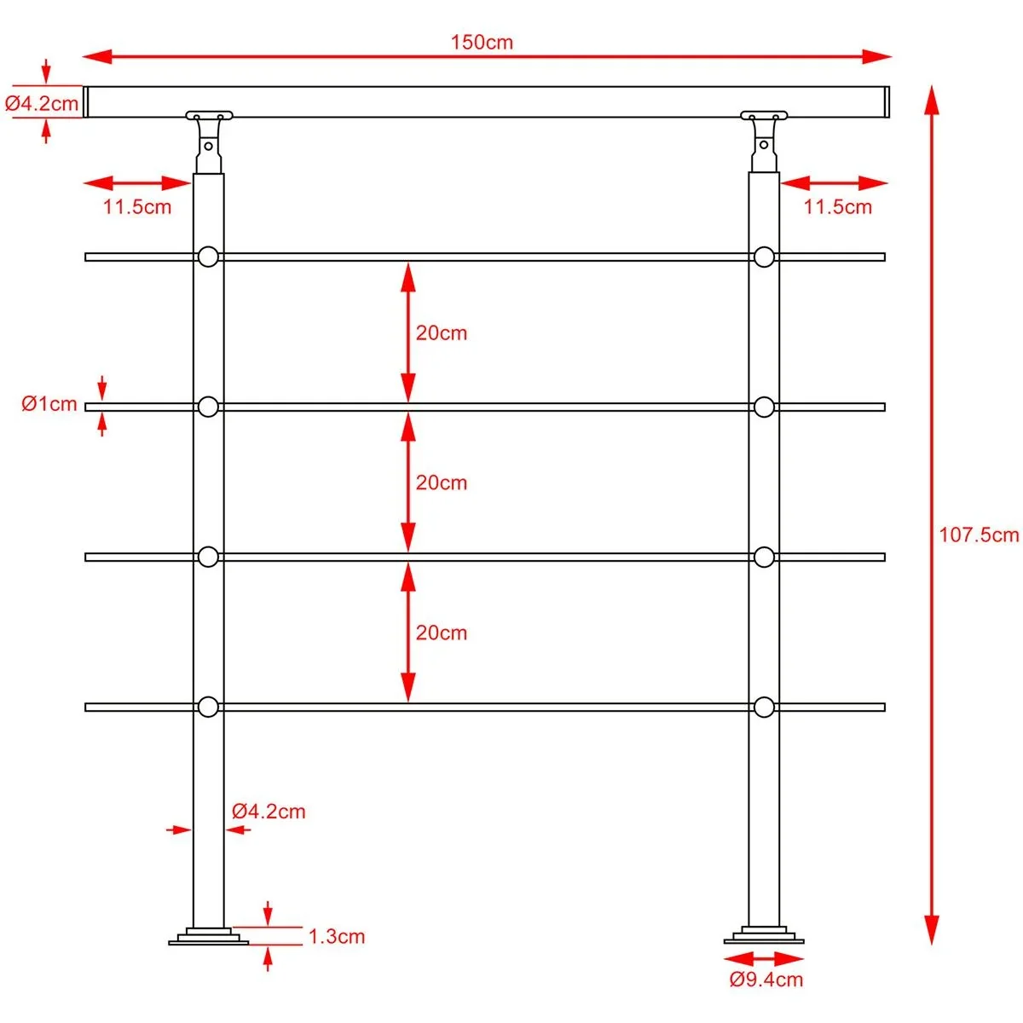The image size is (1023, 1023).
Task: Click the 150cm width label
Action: (x=482, y=42)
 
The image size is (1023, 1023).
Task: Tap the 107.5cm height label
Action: (x=979, y=535)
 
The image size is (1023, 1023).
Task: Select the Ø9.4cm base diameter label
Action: (x=766, y=980)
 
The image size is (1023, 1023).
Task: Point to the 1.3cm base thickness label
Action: (x=336, y=936)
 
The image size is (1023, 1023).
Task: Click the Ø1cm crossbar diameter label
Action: (x=49, y=404)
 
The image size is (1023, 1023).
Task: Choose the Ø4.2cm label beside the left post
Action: (x=269, y=811)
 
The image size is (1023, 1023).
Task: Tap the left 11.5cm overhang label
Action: (x=137, y=206)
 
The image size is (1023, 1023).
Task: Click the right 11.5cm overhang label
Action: (x=837, y=206)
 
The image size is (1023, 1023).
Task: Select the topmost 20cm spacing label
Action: (x=441, y=332)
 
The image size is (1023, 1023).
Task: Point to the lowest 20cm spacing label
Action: (x=441, y=633)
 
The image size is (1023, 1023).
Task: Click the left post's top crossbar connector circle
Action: (x=208, y=257)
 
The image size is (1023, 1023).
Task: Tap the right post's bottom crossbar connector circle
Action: (x=764, y=707)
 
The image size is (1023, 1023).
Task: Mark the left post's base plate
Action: (x=208, y=937)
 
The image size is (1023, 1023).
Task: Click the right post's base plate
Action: (x=764, y=937)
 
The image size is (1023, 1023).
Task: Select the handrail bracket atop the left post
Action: (x=209, y=136)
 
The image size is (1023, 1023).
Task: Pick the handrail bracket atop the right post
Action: (x=764, y=136)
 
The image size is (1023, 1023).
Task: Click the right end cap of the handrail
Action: (x=886, y=101)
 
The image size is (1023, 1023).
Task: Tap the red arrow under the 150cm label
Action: (x=487, y=57)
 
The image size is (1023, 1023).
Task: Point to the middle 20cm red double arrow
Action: (x=408, y=482)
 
